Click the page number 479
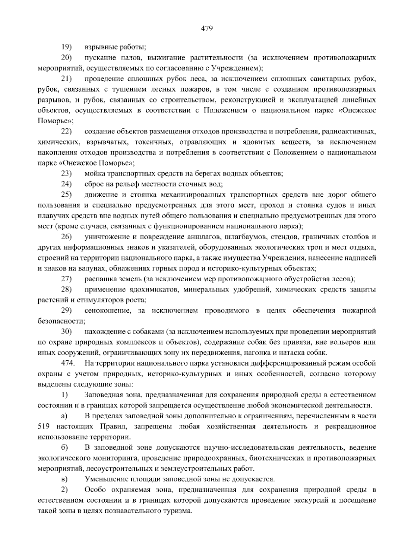tap(207, 28)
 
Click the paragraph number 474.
tap(68, 363)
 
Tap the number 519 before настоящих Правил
tap(44, 427)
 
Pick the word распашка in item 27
tap(98, 279)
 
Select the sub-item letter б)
tap(64, 448)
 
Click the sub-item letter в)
tap(64, 479)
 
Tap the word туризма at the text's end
tap(179, 511)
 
